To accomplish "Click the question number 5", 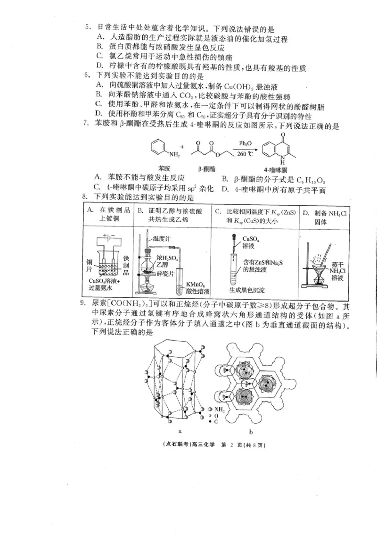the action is pyautogui.click(x=88, y=28).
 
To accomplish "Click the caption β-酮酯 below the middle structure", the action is pyautogui.click(x=206, y=168).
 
